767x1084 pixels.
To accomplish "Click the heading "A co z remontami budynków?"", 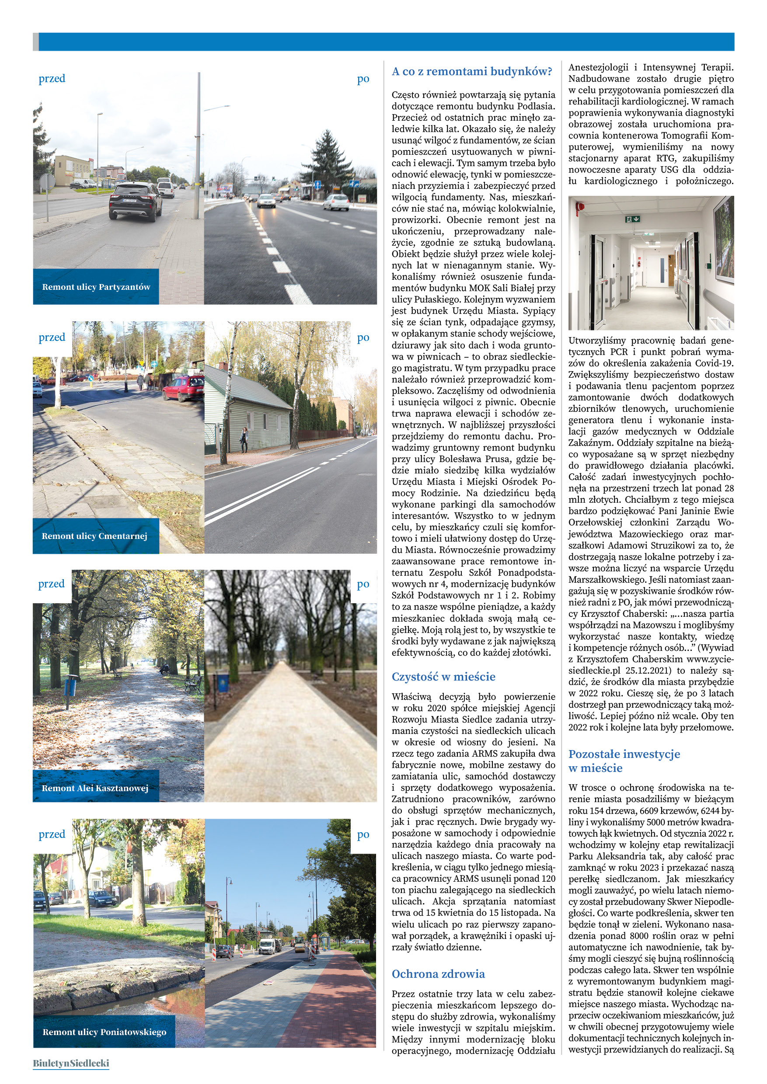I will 471,72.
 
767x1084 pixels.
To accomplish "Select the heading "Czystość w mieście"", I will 443,677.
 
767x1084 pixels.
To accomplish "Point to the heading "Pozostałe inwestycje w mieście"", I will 624,761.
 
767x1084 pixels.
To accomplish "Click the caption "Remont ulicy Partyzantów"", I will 96,287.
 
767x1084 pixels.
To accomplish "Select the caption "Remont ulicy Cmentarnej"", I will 94,536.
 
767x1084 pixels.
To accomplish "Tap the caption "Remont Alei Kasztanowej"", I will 94,788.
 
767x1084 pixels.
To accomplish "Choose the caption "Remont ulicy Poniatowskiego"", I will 105,1032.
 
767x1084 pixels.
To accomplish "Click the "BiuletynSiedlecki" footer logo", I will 71,1063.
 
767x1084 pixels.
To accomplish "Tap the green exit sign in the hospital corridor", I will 632,219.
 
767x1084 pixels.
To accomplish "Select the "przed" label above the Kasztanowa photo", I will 51,584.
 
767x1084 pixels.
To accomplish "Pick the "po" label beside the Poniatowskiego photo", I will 363,834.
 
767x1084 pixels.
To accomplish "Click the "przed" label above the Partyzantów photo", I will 52,78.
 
